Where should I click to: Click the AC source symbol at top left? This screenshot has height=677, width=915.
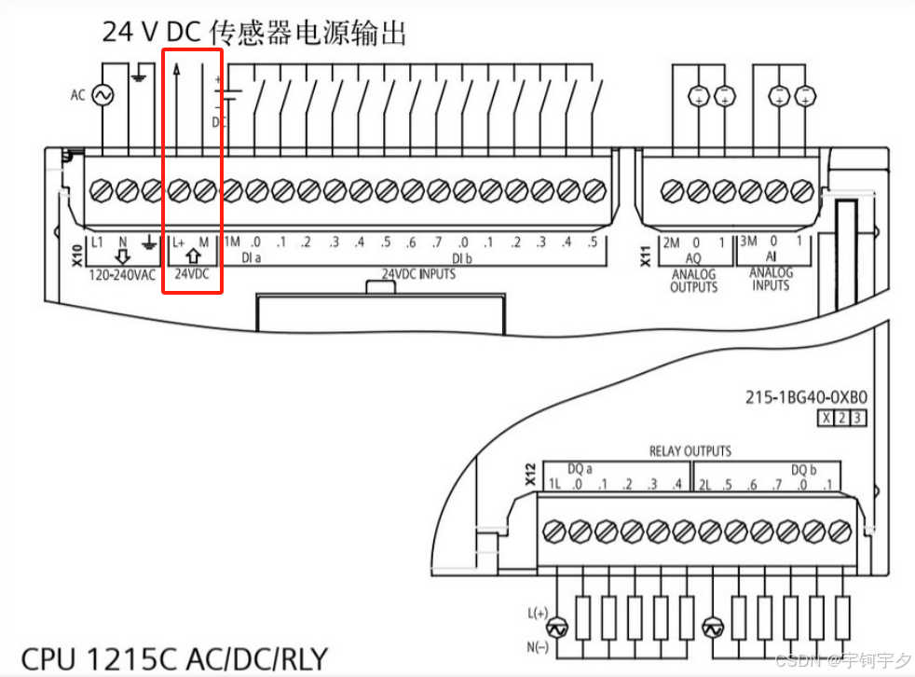[x=100, y=95]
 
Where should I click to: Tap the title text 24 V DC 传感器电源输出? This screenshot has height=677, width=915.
[x=254, y=34]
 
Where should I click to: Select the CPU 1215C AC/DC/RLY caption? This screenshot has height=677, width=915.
[x=175, y=657]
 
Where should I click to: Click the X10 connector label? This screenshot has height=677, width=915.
[x=77, y=256]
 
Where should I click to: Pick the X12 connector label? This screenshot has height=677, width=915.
[x=531, y=476]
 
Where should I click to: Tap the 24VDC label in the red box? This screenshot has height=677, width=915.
[x=193, y=275]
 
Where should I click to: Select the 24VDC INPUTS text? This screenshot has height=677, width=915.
[x=418, y=274]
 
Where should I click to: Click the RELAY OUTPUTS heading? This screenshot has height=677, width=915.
[x=690, y=451]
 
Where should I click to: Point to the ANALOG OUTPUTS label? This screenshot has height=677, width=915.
[x=694, y=281]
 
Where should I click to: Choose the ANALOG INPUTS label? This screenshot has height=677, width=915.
[x=772, y=279]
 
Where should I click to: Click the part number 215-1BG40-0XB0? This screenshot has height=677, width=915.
[x=806, y=396]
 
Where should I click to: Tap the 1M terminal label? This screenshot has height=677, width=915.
[x=232, y=242]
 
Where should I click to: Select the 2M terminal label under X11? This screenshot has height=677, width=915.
[x=671, y=242]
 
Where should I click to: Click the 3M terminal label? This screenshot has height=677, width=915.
[x=748, y=242]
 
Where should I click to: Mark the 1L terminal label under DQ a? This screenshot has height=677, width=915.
[x=554, y=484]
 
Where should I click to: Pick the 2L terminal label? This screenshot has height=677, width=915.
[x=705, y=484]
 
